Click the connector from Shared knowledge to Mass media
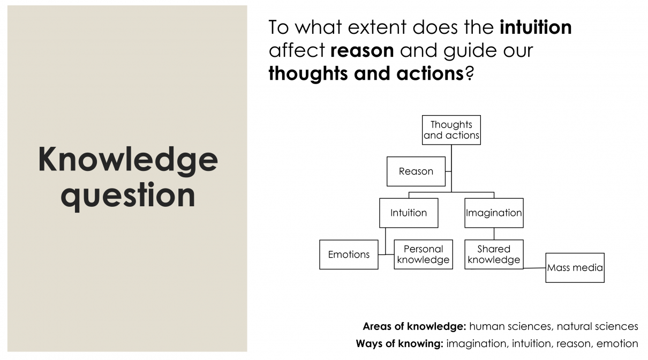tap(534, 268)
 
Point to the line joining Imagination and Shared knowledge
tap(494, 234)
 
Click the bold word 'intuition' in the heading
tap(536, 27)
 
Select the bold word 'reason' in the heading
tap(362, 51)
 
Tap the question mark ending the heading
tap(469, 73)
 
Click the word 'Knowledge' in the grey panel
tap(128, 161)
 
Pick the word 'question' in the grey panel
tap(128, 196)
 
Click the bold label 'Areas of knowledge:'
tap(415, 326)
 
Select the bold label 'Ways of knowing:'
tap(400, 343)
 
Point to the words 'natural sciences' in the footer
tap(597, 326)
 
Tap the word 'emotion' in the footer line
tap(617, 343)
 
